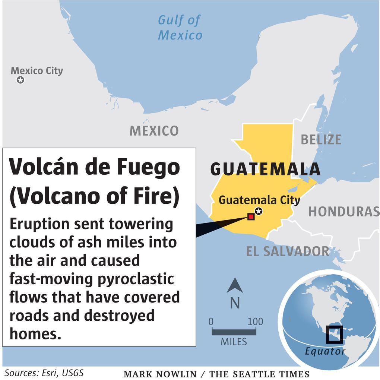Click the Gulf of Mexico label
[180, 28]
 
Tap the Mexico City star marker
[20, 80]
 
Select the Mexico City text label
[37, 70]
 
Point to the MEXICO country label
[154, 131]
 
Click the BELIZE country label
[321, 139]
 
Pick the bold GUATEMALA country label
[265, 169]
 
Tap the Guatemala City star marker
[259, 211]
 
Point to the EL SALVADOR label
[288, 251]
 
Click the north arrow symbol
[235, 285]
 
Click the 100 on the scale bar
[255, 321]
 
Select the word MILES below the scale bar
[234, 341]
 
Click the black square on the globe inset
[334, 334]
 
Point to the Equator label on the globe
[325, 351]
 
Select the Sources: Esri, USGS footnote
[44, 373]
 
